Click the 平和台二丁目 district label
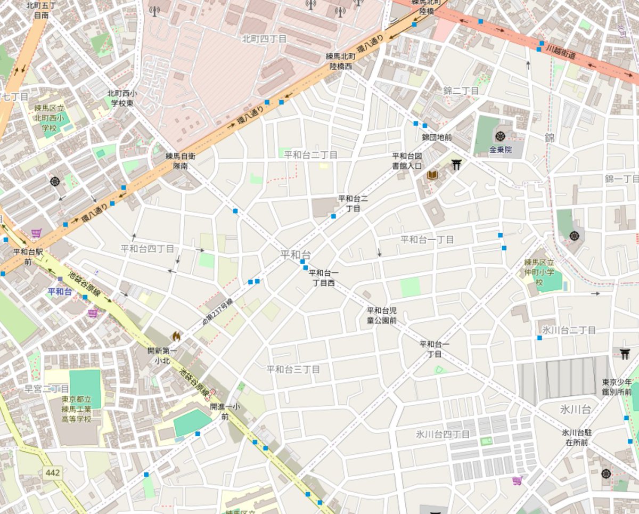click(310, 155)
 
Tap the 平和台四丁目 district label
click(147, 249)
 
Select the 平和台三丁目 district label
click(293, 369)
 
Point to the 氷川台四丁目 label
click(443, 434)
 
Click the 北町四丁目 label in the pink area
click(264, 39)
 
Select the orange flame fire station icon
click(175, 336)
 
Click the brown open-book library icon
click(432, 175)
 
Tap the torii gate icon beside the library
click(456, 165)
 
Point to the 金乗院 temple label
click(500, 150)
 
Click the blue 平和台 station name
click(60, 291)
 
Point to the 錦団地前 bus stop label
click(437, 137)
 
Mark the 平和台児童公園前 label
click(381, 315)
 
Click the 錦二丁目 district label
click(461, 91)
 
